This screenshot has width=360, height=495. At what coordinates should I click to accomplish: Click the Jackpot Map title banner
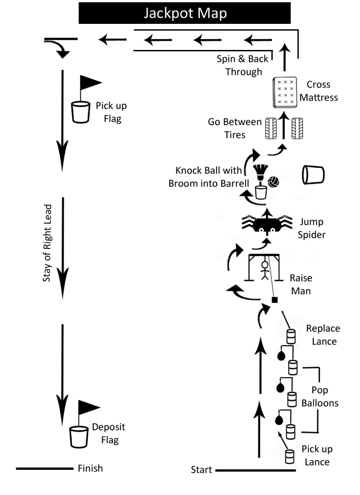pos(185,13)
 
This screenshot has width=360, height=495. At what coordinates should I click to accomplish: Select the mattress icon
pos(283,92)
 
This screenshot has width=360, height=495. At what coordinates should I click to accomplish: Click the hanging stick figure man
pos(264,270)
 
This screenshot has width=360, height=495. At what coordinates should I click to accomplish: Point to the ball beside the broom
pos(273,182)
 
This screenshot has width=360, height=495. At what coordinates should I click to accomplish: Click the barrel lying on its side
pos(313,175)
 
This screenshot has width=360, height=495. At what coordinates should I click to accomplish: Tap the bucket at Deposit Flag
pos(79,437)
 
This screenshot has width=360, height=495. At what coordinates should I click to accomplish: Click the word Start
pos(201,470)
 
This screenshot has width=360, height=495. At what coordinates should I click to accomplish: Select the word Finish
pos(90,468)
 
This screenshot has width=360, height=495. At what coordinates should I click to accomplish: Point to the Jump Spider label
pos(312,228)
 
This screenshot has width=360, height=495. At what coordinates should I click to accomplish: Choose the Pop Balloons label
pos(320,397)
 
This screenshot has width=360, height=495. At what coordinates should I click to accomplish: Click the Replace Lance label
pos(324,335)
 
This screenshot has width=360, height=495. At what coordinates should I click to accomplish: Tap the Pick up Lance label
pos(317,455)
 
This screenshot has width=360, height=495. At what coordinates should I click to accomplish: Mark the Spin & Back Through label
pos(243,65)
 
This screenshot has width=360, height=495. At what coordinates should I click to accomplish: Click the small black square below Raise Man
pos(275,300)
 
